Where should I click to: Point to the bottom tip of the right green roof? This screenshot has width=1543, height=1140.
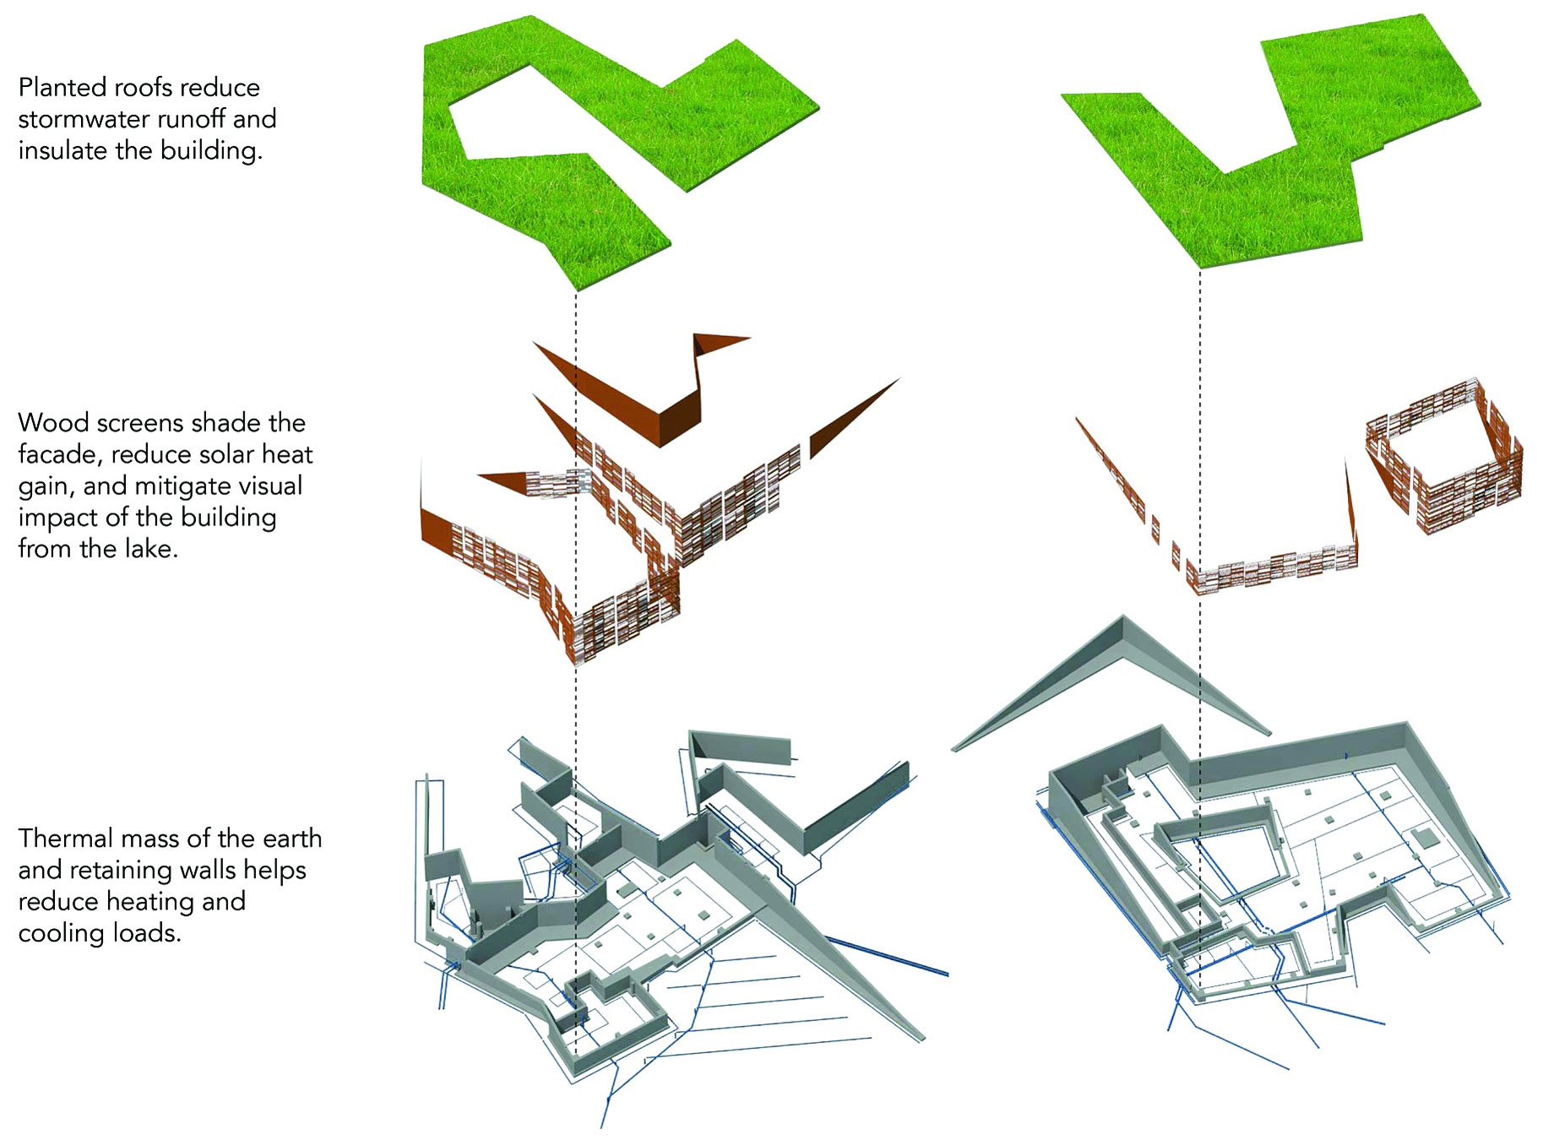tap(1200, 268)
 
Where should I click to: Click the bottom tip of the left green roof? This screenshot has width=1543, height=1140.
tap(576, 290)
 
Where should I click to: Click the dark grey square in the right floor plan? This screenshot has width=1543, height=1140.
tap(1425, 838)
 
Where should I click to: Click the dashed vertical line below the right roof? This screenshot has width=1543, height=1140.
tap(1200, 629)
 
